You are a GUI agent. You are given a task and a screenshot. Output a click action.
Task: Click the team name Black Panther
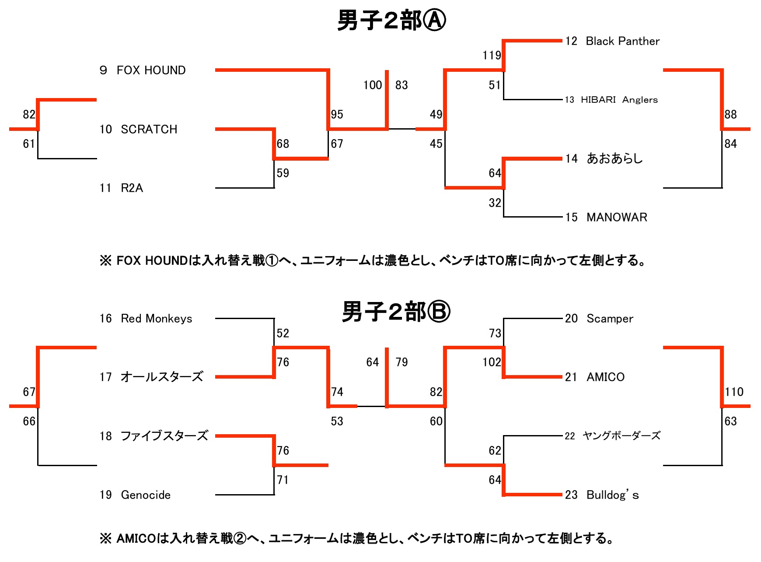click(622, 41)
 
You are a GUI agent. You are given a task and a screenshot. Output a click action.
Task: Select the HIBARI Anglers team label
click(619, 100)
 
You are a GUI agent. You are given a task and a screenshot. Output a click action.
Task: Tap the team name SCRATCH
click(149, 130)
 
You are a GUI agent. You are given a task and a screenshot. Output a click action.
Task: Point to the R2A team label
click(132, 188)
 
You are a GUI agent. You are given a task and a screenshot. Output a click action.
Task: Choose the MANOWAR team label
click(617, 218)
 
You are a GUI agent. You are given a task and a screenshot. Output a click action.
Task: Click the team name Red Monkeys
click(157, 319)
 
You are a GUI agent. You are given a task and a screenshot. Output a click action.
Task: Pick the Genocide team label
click(146, 495)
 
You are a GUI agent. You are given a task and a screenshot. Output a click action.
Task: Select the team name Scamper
click(610, 319)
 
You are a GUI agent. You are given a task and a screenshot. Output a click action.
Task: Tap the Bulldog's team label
click(612, 495)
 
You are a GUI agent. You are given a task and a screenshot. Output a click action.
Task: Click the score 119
click(492, 56)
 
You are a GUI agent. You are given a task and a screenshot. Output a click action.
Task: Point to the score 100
click(373, 85)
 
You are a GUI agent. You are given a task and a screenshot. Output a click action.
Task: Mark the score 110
click(734, 392)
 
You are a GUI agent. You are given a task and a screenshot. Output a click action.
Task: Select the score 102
click(492, 362)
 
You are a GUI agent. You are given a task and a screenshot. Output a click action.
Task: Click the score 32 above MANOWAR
click(495, 203)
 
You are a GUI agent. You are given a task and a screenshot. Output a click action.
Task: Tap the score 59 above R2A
click(283, 173)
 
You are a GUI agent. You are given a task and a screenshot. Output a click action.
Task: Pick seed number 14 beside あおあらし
click(571, 159)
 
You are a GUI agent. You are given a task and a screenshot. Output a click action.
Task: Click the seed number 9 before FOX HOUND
click(103, 70)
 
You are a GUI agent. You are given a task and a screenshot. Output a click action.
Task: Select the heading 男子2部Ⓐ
click(391, 21)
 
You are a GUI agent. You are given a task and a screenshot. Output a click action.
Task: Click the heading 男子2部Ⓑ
click(396, 312)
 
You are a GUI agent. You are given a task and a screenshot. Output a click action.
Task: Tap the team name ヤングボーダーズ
click(621, 436)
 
